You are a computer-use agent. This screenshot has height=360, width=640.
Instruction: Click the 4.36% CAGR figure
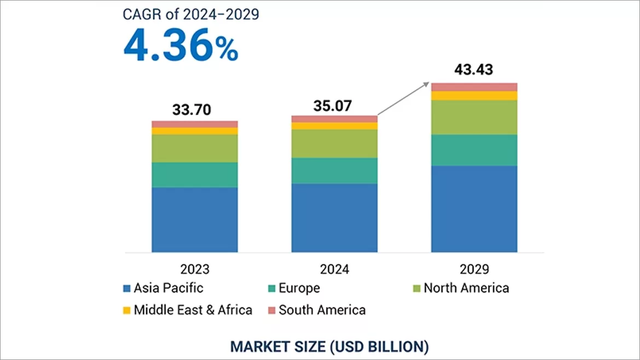(181, 47)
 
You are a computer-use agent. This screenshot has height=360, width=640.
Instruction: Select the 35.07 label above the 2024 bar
(335, 105)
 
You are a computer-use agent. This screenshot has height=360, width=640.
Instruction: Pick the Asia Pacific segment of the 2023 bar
(195, 219)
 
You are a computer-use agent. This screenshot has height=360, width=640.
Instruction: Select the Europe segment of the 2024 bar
(335, 171)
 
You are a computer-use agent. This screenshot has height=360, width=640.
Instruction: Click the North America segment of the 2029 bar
(474, 117)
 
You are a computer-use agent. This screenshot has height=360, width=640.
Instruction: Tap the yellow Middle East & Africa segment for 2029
(474, 96)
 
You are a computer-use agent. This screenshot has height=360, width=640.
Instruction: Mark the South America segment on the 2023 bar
(195, 124)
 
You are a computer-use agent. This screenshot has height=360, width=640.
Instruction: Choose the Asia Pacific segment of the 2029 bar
(474, 208)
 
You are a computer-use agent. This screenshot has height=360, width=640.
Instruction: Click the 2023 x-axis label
(195, 269)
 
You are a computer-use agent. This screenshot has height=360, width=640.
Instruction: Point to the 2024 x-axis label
(335, 269)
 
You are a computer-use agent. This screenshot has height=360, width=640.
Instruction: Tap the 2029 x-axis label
(474, 269)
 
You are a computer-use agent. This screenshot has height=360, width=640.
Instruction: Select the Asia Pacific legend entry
(164, 288)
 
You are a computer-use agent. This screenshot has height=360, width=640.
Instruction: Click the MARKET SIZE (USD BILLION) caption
(329, 346)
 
